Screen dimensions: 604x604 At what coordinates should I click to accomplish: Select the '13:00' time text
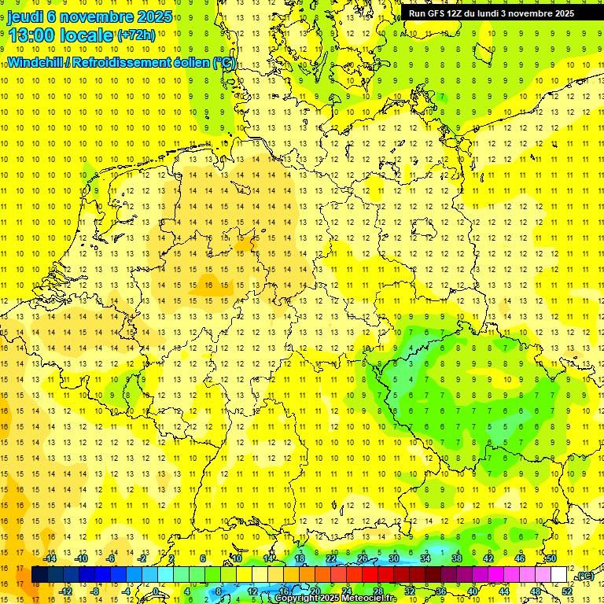31,35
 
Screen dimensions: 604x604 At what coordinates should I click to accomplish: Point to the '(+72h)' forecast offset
136,35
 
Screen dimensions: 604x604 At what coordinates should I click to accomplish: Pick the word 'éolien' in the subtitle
187,62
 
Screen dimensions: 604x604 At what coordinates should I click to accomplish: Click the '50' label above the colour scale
551,558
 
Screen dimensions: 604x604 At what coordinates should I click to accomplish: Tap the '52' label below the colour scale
567,591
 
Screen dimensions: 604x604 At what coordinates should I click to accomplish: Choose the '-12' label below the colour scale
66,591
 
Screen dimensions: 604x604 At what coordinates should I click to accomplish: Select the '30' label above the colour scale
393,558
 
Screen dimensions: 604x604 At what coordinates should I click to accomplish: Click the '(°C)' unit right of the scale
584,576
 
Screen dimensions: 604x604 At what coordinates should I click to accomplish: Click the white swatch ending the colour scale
559,575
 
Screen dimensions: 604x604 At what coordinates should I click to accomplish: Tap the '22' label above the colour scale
331,558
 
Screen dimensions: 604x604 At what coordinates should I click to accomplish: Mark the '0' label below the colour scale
157,591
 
